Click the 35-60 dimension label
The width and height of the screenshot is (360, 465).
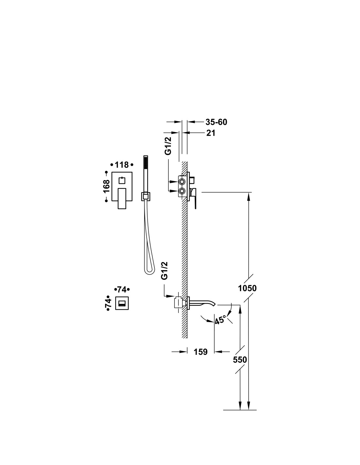point(216,122)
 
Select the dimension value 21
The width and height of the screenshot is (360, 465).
point(210,133)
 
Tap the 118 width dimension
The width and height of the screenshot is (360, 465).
point(122,165)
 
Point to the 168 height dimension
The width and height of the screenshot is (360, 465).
point(107,186)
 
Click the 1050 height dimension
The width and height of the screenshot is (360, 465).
point(247,288)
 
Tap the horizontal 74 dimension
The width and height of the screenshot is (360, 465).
point(122,289)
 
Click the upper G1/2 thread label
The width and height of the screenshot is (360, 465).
point(168,146)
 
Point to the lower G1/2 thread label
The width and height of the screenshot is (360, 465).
point(164,270)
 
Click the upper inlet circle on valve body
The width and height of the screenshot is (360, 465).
point(182,182)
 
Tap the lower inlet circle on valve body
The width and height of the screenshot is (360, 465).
point(182,191)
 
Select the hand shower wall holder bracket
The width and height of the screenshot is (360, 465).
point(146,197)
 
